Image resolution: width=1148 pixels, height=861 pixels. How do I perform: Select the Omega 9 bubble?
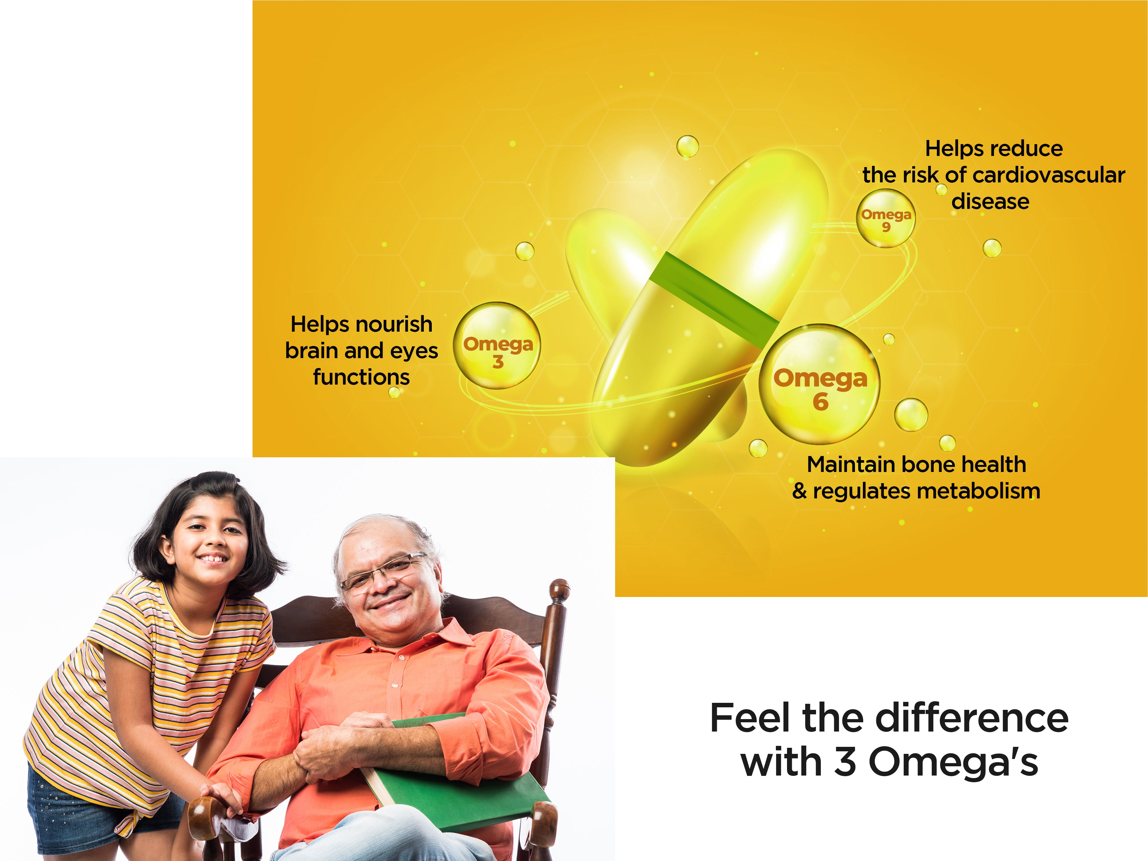(886, 218)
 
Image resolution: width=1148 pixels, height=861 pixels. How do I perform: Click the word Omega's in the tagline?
(953, 762)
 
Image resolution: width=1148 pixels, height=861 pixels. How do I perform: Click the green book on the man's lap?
(457, 778)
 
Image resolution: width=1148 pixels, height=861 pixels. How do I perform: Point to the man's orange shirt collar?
(415, 638)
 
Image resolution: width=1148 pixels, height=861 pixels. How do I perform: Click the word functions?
(361, 377)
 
